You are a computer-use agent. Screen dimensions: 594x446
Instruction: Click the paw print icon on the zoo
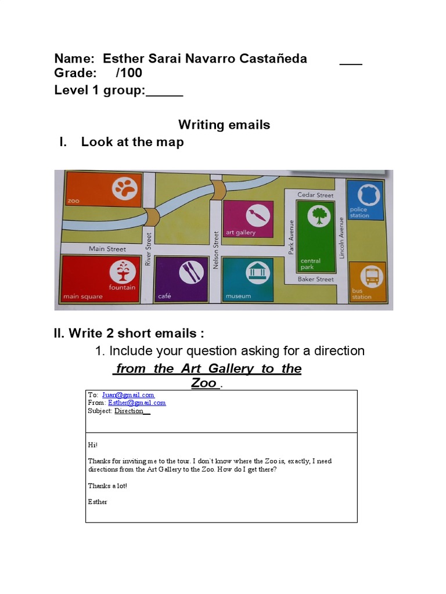(124, 188)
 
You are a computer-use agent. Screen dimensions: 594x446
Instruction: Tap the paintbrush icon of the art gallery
(256, 216)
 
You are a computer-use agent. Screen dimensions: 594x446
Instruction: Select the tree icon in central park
(318, 216)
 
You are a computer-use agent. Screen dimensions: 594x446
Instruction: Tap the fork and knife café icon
(191, 272)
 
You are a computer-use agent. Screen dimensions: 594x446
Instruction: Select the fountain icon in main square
(123, 271)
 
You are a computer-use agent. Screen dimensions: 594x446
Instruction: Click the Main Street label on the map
(107, 249)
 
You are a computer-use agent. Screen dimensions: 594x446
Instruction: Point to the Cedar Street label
(315, 195)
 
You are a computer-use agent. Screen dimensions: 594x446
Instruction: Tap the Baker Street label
(315, 279)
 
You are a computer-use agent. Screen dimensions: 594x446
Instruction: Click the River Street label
(149, 249)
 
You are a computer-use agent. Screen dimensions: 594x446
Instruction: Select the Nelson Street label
(216, 249)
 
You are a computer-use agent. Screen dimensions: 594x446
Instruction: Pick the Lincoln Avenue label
(342, 237)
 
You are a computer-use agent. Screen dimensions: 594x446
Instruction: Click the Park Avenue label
(292, 237)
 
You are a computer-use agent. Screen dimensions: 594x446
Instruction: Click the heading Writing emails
(224, 125)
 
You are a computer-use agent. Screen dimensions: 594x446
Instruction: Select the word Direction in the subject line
(129, 411)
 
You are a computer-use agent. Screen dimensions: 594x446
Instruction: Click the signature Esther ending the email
(98, 502)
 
